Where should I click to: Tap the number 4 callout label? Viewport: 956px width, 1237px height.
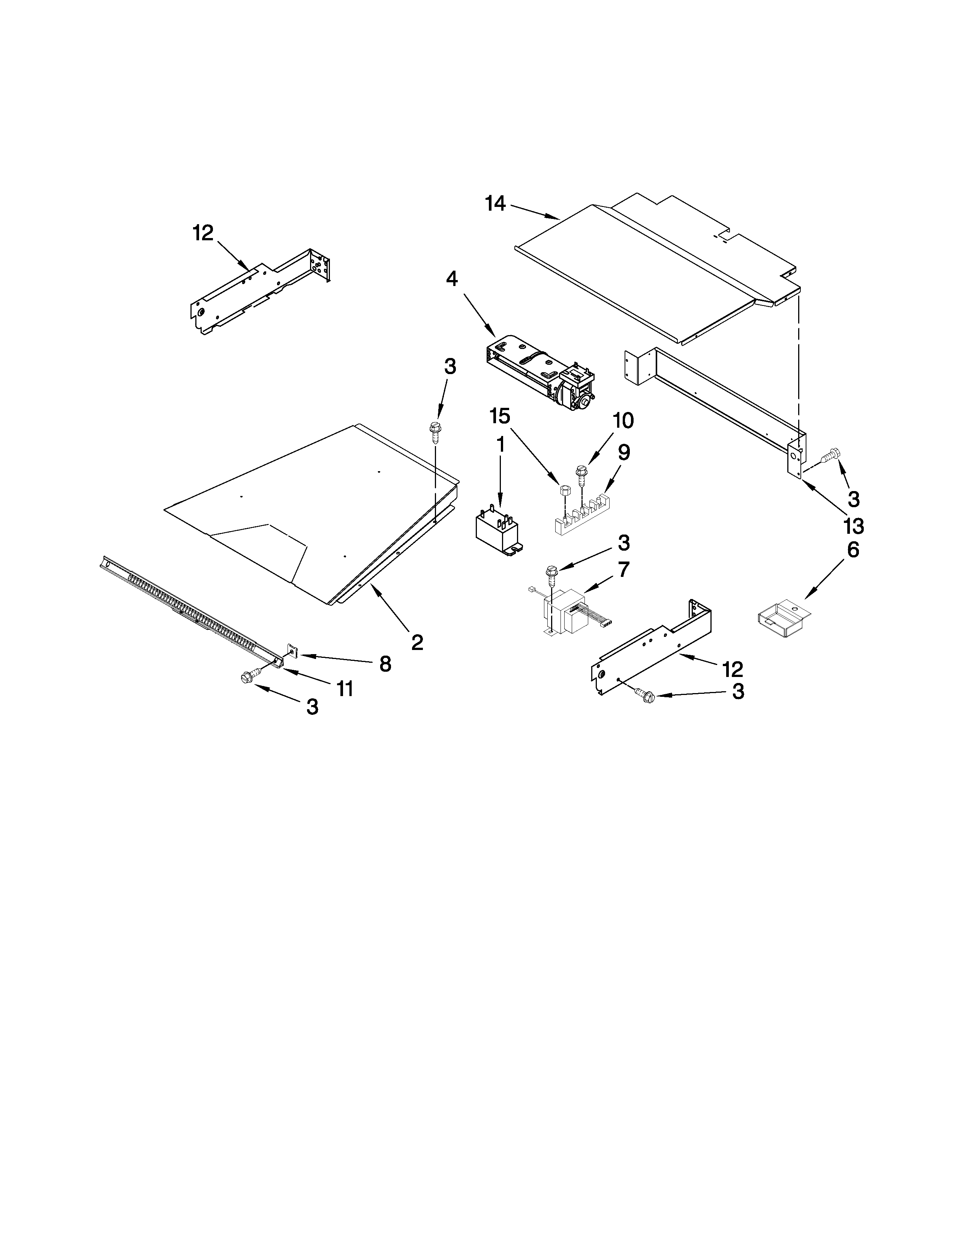point(451,279)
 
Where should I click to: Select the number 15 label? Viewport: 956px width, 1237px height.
point(499,416)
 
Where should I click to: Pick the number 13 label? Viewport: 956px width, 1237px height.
point(853,526)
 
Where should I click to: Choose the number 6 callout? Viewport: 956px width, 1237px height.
point(853,550)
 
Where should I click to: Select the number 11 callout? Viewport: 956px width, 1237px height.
point(344,688)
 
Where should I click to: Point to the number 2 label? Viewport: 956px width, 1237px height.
point(417,642)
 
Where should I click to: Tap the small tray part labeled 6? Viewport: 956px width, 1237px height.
point(782,620)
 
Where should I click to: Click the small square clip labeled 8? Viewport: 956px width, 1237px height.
point(293,652)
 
